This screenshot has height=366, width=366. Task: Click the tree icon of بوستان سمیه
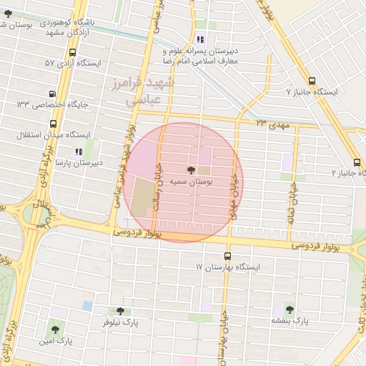(190, 170)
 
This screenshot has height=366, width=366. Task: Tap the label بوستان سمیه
(190, 182)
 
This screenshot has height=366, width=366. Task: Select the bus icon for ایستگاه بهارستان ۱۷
(227, 256)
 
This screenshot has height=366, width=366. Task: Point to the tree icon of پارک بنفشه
(290, 310)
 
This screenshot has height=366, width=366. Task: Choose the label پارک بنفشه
(290, 322)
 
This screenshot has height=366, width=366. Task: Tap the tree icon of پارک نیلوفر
(119, 311)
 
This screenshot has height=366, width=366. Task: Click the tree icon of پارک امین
(54, 330)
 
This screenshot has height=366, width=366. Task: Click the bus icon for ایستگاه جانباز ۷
(312, 81)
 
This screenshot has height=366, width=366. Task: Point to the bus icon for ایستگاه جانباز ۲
(357, 162)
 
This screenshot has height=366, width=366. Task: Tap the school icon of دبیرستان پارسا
(79, 152)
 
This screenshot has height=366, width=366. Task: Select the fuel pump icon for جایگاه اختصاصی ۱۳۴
(52, 94)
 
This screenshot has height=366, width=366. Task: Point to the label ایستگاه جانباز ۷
(310, 92)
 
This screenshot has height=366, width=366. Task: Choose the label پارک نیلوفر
(119, 323)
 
